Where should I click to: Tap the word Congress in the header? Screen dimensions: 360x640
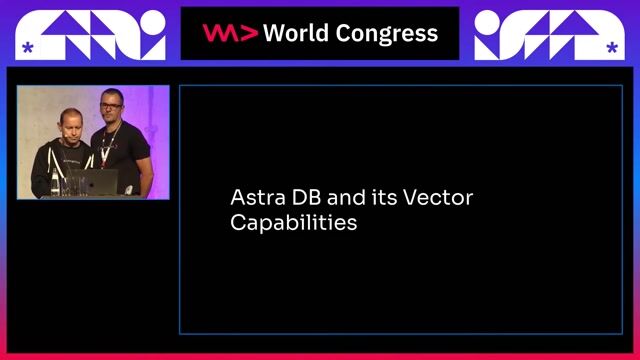click(x=384, y=34)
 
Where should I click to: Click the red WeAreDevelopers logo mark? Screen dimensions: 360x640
click(x=230, y=33)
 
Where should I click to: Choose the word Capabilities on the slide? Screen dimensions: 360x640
click(x=293, y=223)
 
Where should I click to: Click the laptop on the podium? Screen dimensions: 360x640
click(x=97, y=183)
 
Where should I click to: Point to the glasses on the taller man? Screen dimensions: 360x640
click(x=110, y=104)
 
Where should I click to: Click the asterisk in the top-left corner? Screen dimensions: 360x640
click(x=27, y=47)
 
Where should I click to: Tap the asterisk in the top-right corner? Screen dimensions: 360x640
click(x=611, y=47)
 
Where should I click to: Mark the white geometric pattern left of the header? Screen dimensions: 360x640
click(x=96, y=33)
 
